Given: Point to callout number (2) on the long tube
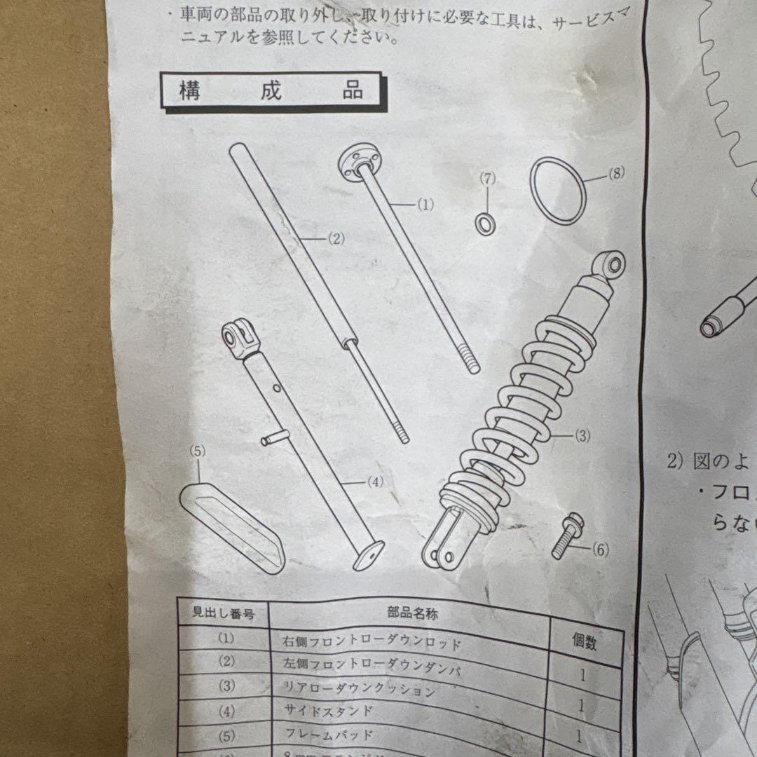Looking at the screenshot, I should (336, 238).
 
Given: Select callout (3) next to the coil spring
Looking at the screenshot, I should (582, 436).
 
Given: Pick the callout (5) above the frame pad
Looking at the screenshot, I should (198, 451).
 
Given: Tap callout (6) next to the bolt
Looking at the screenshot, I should (600, 550).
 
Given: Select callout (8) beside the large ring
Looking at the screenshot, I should (615, 174).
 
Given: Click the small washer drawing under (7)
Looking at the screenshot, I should (485, 224).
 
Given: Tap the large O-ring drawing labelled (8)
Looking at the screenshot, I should (558, 191).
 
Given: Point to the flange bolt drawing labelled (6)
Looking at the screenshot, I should (566, 536).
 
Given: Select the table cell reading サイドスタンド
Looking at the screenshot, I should (329, 710).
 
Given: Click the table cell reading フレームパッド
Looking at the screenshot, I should (329, 735).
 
